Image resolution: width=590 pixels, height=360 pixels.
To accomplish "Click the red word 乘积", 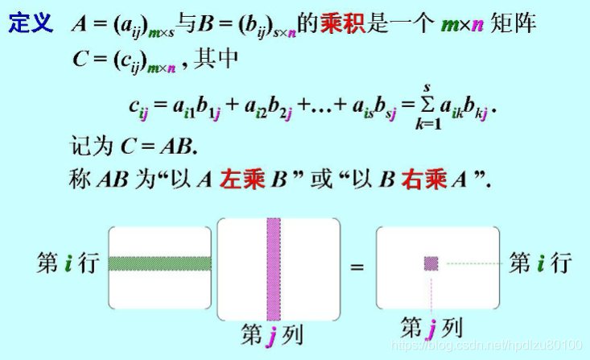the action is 340,23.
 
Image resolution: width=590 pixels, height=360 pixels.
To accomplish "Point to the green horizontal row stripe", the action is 160,263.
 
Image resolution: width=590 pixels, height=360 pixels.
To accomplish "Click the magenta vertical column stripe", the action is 274,266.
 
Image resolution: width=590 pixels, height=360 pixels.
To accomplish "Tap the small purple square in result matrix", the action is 431,263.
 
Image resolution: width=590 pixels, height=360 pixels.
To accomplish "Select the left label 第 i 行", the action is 68,263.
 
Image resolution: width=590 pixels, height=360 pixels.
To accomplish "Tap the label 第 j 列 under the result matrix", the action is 431,328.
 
